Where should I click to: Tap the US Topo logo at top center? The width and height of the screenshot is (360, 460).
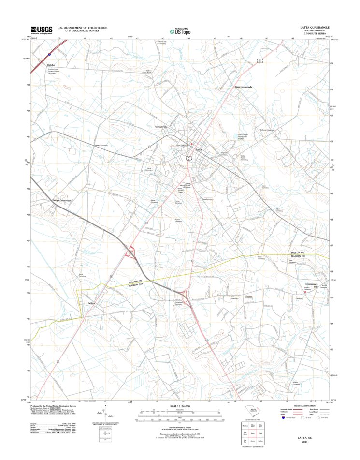(179, 30)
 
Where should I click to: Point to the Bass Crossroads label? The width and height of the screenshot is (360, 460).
(244, 87)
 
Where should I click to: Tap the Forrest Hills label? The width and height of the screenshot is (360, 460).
(160, 127)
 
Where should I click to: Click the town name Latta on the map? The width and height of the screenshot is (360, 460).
(199, 150)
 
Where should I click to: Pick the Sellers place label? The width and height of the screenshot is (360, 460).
(93, 303)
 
